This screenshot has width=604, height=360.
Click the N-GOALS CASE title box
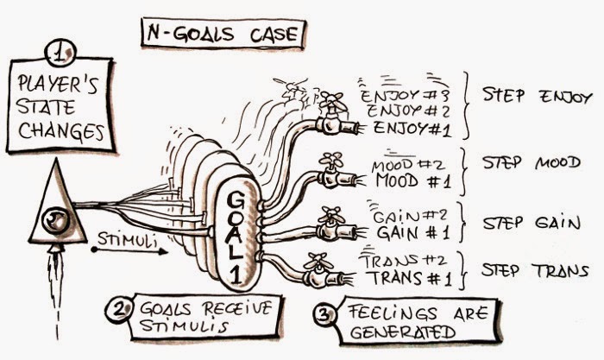223,35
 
